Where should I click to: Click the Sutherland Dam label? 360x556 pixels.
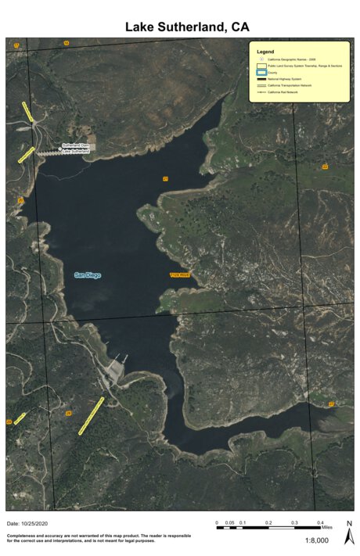pyautogui.click(x=77, y=145)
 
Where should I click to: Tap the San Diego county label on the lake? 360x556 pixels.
pyautogui.click(x=88, y=274)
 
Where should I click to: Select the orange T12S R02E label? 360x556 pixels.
pyautogui.click(x=180, y=274)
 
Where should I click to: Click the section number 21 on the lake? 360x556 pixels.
pyautogui.click(x=165, y=179)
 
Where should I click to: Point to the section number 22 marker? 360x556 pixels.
pyautogui.click(x=324, y=167)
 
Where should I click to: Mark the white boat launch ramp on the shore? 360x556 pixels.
pyautogui.click(x=114, y=368)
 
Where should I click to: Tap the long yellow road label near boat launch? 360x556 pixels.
pyautogui.click(x=92, y=415)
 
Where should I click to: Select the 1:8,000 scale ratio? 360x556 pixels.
pyautogui.click(x=316, y=540)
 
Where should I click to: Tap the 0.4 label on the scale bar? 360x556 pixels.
pyautogui.click(x=320, y=522)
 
